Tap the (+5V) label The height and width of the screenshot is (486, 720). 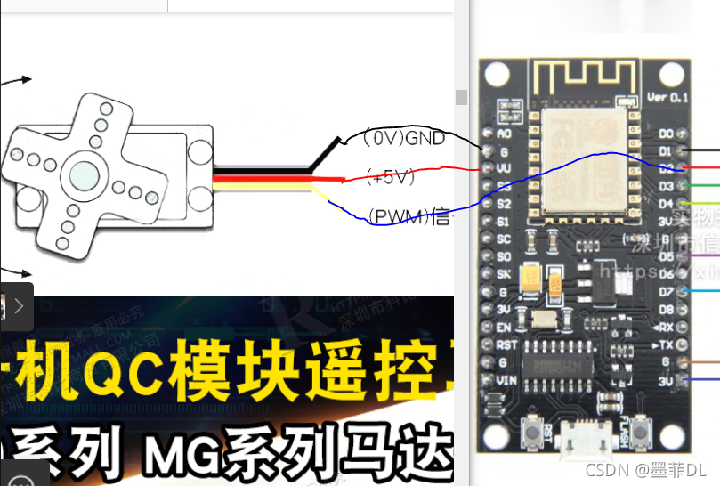tap(391, 177)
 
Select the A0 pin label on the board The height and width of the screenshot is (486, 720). tap(505, 134)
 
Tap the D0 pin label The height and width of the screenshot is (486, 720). tap(666, 134)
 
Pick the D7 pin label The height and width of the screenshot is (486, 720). tap(666, 291)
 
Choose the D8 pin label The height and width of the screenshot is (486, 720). tap(666, 309)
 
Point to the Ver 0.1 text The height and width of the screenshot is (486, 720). tap(668, 96)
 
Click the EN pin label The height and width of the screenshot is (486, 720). tap(505, 327)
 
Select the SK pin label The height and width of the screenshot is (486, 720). tap(505, 274)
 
